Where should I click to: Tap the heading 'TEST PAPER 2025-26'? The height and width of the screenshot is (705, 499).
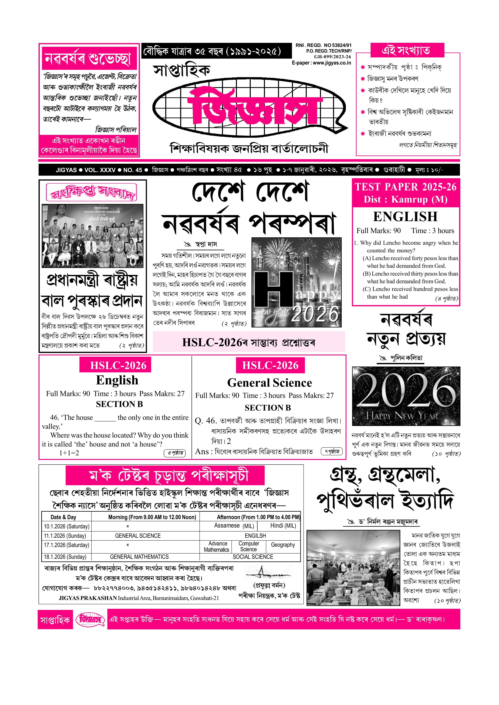click(406, 187)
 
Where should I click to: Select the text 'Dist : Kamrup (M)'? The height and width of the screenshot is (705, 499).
click(406, 200)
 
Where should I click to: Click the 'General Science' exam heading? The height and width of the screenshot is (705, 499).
click(269, 383)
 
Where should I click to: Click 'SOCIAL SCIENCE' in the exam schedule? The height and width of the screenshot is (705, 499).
click(253, 557)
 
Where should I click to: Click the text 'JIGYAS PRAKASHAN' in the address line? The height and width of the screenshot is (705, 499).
click(88, 598)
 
